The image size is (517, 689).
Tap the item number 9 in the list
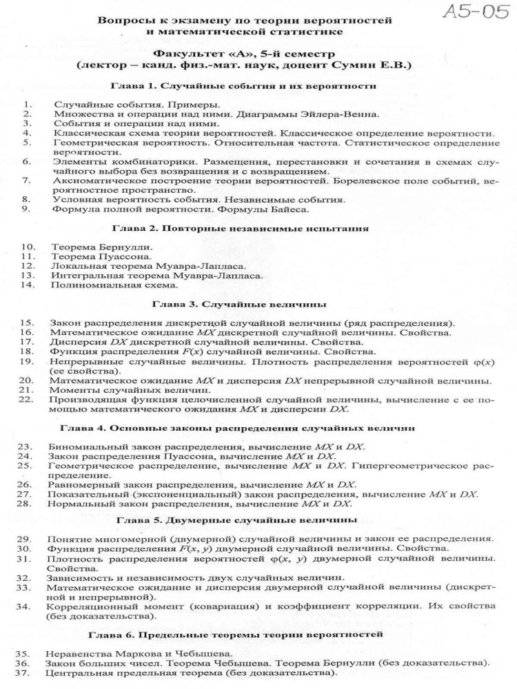click(x=25, y=208)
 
